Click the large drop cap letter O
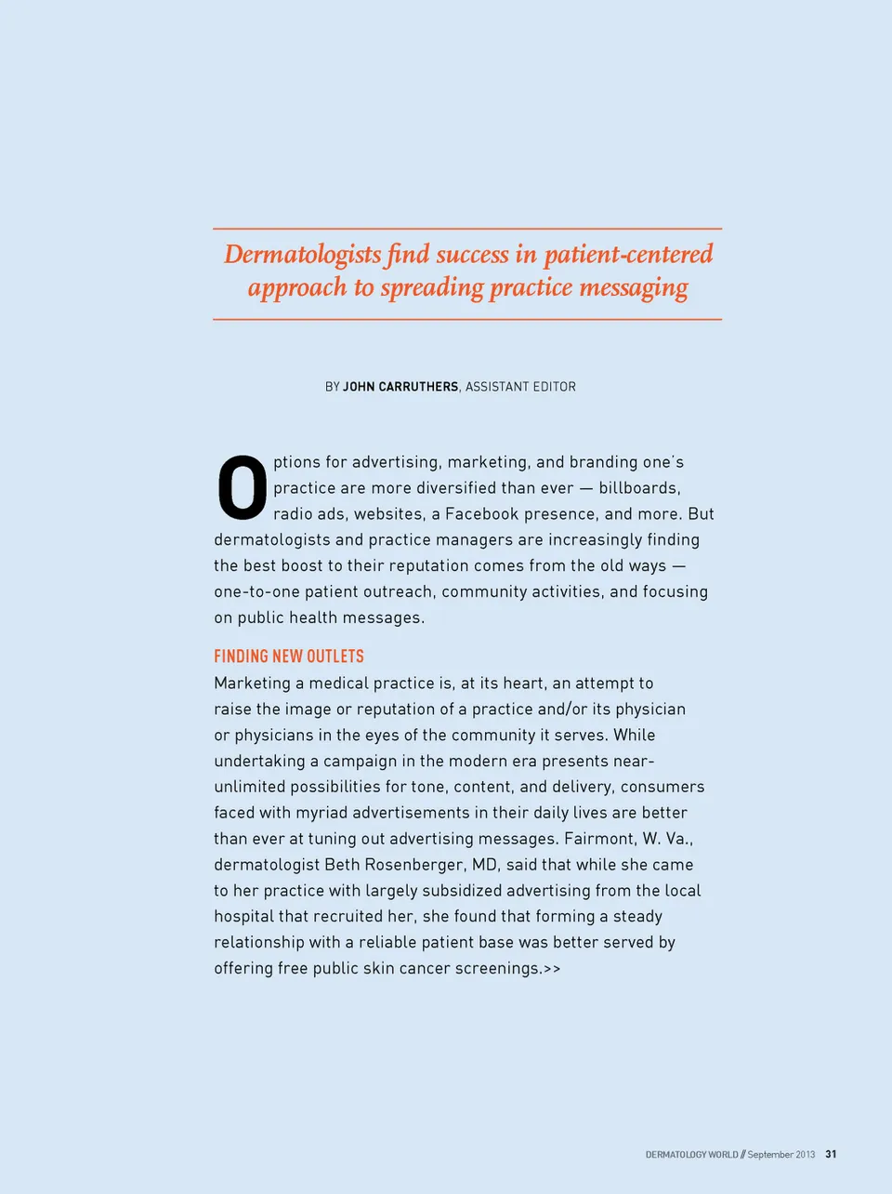242,487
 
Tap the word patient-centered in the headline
628,254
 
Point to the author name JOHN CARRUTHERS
400,387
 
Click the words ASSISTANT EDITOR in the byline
520,387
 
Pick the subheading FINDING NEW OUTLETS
289,657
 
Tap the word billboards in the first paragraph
638,488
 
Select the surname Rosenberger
413,865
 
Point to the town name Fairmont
598,839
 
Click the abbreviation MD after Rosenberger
485,865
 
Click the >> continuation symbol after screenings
552,969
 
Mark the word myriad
321,813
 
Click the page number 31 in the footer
831,1154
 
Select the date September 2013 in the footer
780,1155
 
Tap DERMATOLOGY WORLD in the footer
691,1155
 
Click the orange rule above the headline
467,229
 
